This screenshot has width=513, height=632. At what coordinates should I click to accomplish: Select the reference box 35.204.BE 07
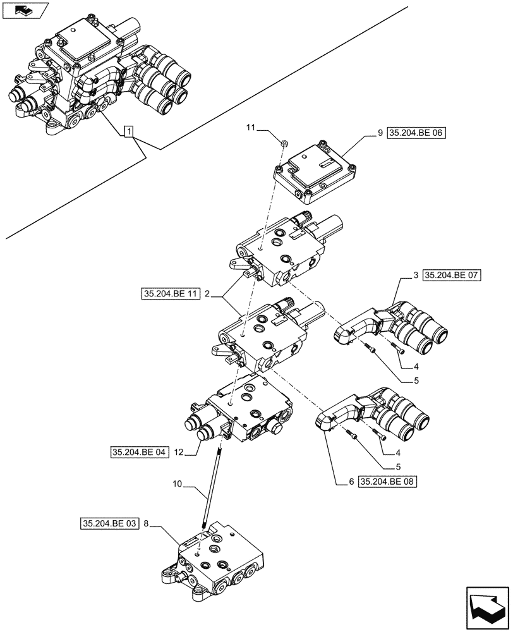coord(451,276)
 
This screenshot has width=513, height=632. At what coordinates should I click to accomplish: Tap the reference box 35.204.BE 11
coord(171,294)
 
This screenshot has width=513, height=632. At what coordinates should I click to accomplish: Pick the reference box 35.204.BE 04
coord(139,453)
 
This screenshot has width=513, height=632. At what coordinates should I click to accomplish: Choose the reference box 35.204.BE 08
coord(389,482)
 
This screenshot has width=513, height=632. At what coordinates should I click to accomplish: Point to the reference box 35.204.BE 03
coord(109,523)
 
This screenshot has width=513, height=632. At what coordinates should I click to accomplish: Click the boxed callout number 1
coord(129,131)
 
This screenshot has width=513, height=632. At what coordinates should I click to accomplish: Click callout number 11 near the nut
coord(251,128)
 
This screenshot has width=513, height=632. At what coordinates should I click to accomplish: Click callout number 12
coord(179,453)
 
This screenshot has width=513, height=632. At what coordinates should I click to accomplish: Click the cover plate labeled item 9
coord(316,168)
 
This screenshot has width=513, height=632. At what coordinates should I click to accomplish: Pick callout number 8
coord(147,523)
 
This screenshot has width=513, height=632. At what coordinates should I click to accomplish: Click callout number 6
coord(351,482)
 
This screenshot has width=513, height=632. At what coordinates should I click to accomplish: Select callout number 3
coord(415,276)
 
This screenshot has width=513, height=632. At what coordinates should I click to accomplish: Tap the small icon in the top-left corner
coord(25,10)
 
